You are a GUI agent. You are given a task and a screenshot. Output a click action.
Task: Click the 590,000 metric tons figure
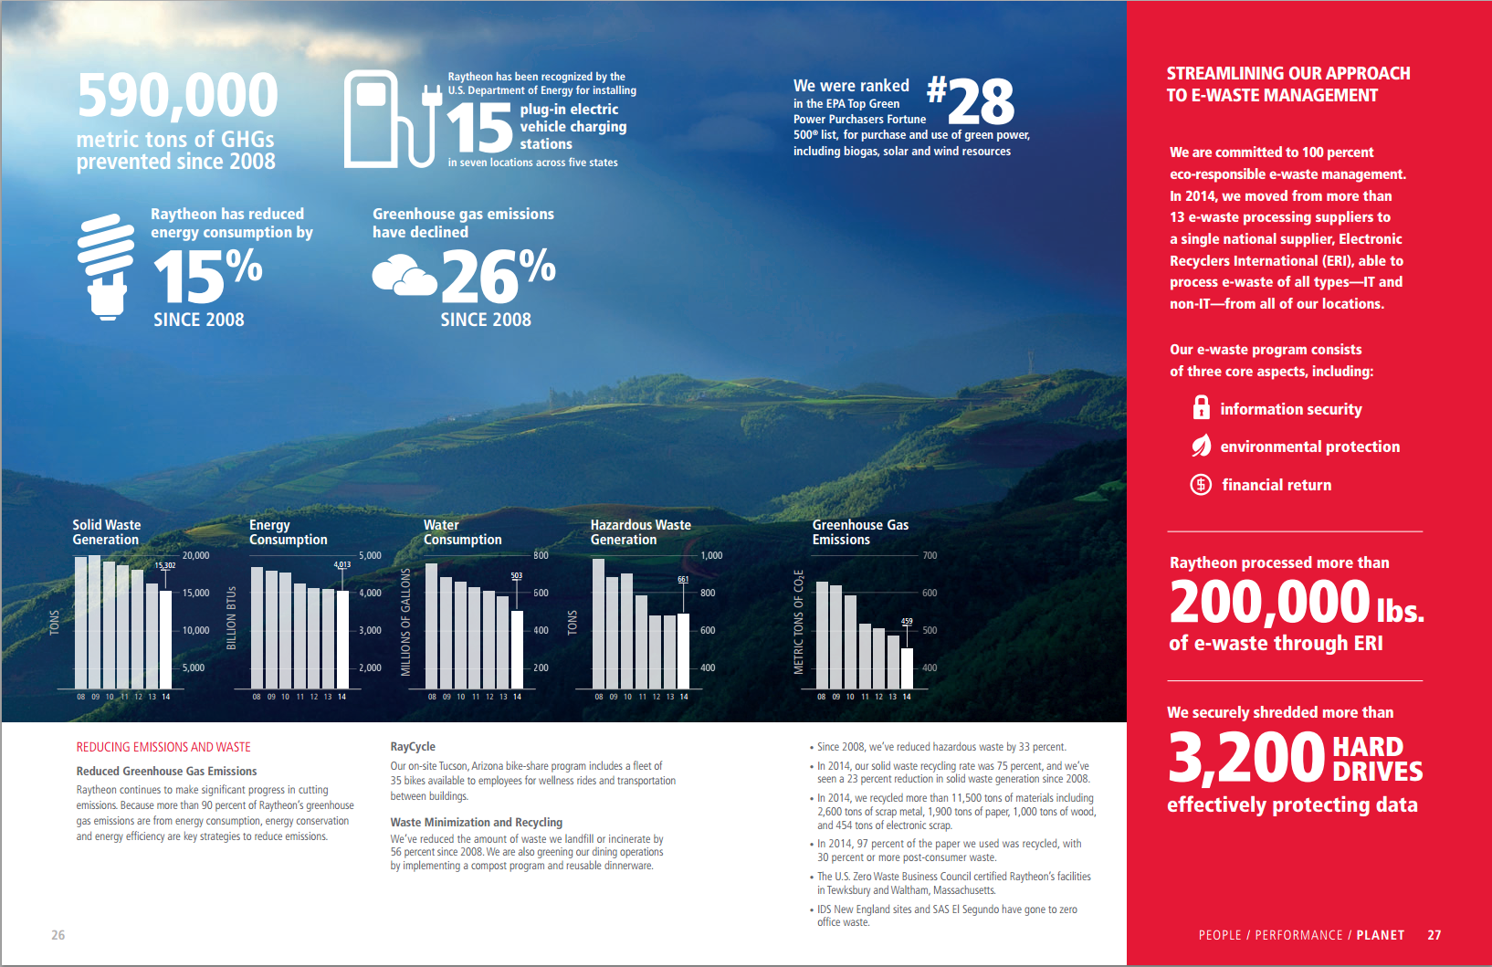coord(177,96)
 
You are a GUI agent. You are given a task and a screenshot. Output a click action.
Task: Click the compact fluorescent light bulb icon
coord(106,267)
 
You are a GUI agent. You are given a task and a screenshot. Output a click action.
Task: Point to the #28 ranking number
coord(971,100)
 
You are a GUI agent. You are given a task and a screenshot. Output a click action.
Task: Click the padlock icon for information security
coord(1201,407)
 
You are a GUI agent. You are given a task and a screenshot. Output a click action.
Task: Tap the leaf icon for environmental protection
coord(1201,446)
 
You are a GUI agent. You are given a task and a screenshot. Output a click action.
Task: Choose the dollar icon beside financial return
coord(1201,484)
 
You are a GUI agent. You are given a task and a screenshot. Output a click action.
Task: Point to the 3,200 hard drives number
coord(1246,757)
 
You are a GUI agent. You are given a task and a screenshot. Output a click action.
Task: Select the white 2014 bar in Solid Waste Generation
coord(165,639)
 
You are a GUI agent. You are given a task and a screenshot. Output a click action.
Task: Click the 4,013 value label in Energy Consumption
coord(342,564)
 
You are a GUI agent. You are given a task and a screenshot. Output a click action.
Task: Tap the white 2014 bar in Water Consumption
coord(517,648)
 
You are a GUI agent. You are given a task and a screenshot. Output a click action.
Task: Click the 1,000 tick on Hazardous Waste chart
coord(711,555)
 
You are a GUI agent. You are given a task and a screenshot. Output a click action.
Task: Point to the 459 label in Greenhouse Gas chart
coord(907,621)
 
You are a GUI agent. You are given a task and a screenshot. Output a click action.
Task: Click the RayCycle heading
coord(413,746)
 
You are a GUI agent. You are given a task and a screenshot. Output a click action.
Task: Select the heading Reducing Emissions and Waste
coord(163,747)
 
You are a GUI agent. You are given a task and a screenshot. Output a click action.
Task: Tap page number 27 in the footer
coord(1434,935)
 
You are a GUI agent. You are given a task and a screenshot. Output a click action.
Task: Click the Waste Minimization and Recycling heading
coord(476,822)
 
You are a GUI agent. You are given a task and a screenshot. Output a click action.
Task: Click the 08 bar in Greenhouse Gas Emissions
coord(822,635)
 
